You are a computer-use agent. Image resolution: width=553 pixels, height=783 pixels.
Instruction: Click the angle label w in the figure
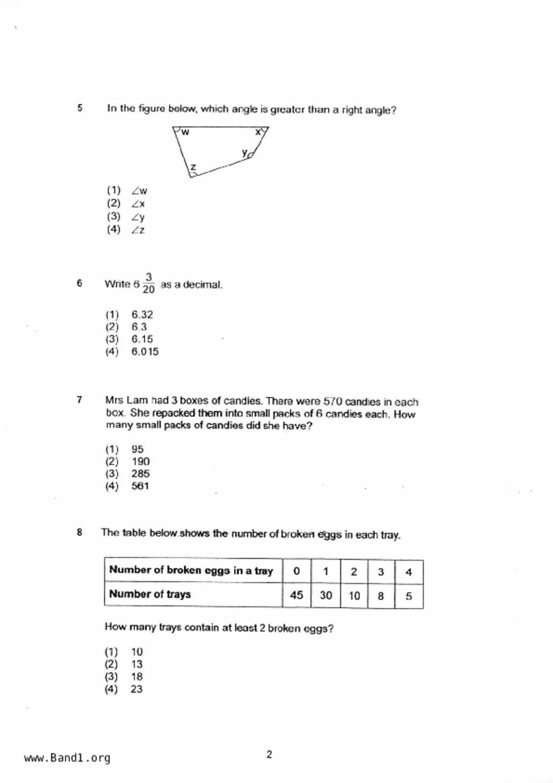coord(185,132)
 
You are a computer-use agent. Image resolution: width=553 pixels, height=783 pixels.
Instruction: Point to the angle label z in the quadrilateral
coord(193,167)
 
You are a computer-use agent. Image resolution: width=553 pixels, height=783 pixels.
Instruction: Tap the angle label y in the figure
coord(245,152)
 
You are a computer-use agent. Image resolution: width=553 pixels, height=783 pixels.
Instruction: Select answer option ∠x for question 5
coord(138,204)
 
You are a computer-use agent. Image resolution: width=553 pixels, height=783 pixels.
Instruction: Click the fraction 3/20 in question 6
coord(149,283)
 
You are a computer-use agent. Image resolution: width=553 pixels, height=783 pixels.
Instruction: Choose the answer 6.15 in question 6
coord(142,339)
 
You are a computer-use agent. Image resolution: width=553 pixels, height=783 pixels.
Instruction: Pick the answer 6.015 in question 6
coord(145,352)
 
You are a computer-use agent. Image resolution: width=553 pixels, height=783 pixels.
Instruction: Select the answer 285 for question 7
coord(140,474)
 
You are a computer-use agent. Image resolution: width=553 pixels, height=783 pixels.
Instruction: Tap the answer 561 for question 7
coord(140,486)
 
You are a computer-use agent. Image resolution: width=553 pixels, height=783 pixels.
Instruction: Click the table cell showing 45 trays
coord(296,595)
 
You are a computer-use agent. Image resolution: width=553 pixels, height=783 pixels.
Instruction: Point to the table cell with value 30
coord(326,596)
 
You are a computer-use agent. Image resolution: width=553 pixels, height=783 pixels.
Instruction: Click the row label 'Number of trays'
coord(150,594)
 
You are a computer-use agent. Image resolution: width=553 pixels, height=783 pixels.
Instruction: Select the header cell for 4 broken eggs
coord(408,572)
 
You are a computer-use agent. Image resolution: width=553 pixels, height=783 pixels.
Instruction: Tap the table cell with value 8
coord(381,596)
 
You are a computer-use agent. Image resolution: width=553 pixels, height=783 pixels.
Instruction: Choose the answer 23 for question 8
coord(136,689)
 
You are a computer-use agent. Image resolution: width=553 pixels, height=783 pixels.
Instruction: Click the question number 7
coord(79,400)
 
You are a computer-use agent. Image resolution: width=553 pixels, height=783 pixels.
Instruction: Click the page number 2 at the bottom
coord(269,754)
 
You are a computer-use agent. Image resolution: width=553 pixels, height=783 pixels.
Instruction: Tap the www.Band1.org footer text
coord(67,758)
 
